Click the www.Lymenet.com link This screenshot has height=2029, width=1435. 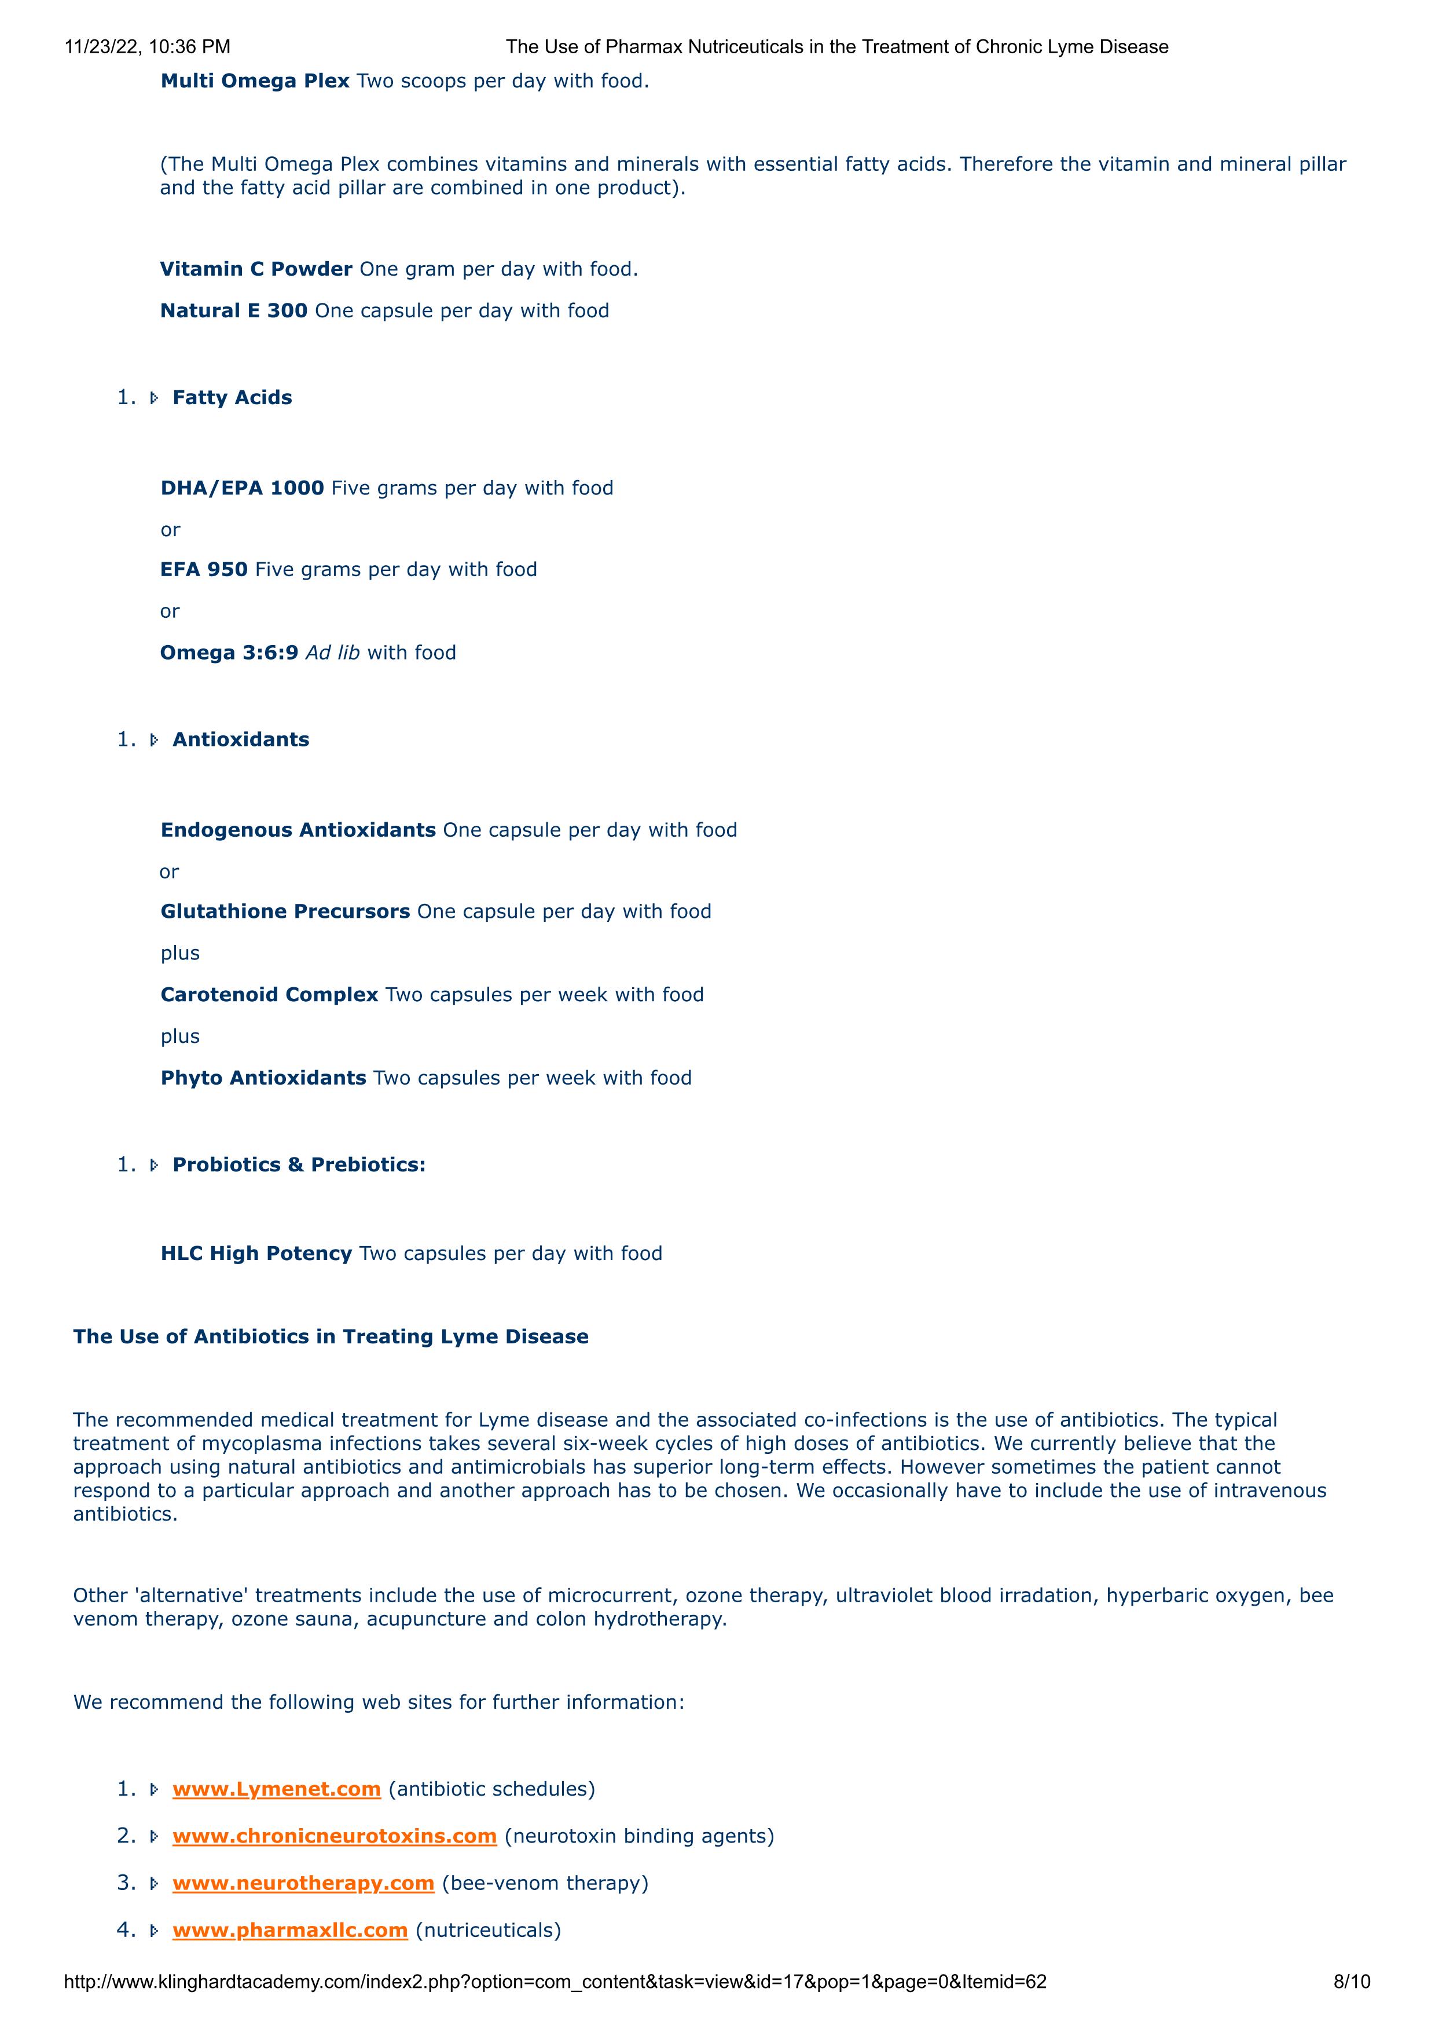click(277, 1789)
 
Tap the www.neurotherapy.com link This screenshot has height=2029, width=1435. click(303, 1882)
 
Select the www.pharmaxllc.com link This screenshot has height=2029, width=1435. click(290, 1929)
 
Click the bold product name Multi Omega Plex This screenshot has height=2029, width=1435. click(255, 81)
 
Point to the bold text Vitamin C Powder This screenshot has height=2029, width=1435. click(256, 269)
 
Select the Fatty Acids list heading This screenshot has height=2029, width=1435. click(232, 398)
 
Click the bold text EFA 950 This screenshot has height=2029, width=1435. click(204, 569)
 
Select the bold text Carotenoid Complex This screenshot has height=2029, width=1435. click(270, 994)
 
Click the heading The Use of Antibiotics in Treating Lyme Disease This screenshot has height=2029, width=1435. click(331, 1336)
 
